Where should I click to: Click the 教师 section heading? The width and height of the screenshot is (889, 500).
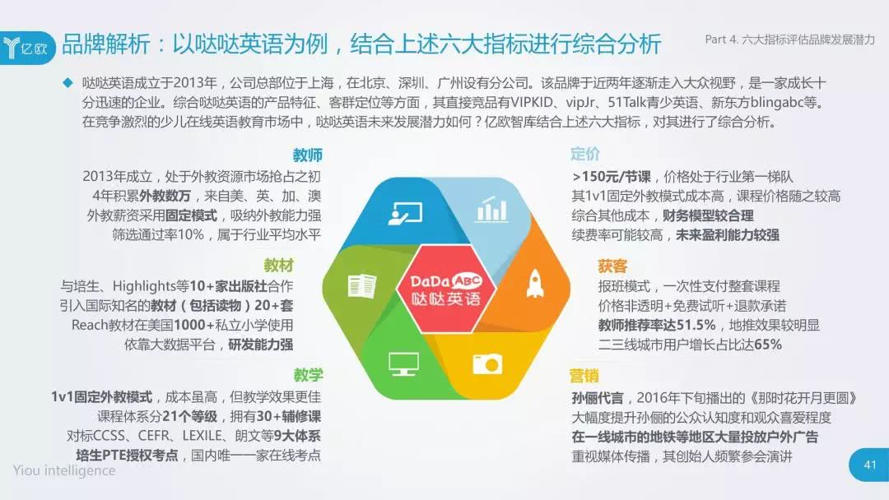[307, 155]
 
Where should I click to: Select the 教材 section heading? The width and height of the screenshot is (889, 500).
[278, 266]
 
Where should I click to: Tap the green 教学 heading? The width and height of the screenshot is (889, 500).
[308, 375]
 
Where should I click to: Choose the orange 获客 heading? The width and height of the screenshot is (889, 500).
[612, 266]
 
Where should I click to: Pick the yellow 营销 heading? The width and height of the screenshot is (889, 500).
[584, 376]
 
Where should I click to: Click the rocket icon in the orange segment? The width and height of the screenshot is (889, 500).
[536, 282]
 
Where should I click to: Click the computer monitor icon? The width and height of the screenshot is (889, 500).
[403, 363]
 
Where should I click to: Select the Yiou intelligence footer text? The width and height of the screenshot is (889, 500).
[64, 470]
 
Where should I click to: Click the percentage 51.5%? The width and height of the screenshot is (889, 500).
[692, 326]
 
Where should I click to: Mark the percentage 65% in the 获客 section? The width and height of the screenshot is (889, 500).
[767, 345]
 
